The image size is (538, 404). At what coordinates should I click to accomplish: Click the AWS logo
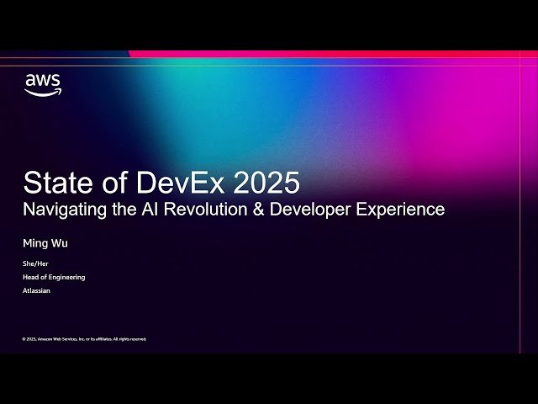point(42,84)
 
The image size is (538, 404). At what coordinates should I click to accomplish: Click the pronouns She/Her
point(35,264)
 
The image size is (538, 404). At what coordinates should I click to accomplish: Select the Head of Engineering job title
point(54,277)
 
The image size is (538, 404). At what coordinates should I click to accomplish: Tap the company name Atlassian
point(37,290)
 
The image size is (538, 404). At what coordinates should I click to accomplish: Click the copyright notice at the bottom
point(84,339)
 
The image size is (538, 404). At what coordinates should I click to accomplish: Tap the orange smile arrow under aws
point(43,92)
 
